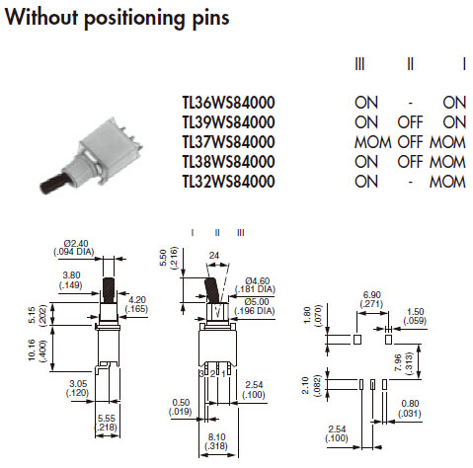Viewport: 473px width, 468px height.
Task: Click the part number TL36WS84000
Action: pyautogui.click(x=228, y=103)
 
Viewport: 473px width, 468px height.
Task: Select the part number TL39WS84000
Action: pyautogui.click(x=228, y=122)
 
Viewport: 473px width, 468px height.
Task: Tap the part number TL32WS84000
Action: pyautogui.click(x=228, y=182)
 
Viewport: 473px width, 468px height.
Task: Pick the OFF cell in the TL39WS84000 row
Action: pyautogui.click(x=410, y=122)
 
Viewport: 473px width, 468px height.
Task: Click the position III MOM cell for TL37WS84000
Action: pyautogui.click(x=372, y=142)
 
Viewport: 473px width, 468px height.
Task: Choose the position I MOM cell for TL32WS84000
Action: pyautogui.click(x=447, y=182)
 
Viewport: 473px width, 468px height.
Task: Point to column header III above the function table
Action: pyautogui.click(x=359, y=64)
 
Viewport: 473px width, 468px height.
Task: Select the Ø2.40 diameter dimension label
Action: pyautogui.click(x=76, y=244)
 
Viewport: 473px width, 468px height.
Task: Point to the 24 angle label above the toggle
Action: pyautogui.click(x=214, y=255)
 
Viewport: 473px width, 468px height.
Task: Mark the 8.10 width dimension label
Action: pyautogui.click(x=216, y=437)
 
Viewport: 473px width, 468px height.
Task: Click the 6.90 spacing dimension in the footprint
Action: pyautogui.click(x=372, y=294)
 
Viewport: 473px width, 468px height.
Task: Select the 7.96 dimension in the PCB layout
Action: pyautogui.click(x=398, y=362)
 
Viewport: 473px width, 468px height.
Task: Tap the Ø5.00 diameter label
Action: pyautogui.click(x=257, y=301)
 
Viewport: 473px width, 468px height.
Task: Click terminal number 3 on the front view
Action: pyautogui.click(x=201, y=373)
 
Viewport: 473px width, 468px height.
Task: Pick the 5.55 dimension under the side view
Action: pyautogui.click(x=107, y=419)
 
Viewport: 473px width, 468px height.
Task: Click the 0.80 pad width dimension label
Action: pyautogui.click(x=410, y=403)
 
